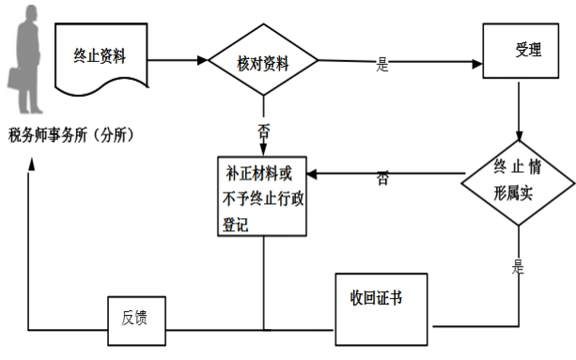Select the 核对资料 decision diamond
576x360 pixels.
(x=263, y=64)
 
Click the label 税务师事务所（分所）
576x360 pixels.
(x=71, y=135)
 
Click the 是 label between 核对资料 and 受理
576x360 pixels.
(x=382, y=65)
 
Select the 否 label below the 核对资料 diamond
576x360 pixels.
(x=264, y=132)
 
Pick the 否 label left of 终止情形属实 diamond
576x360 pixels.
(x=382, y=177)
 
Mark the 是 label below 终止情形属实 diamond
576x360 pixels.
(x=518, y=267)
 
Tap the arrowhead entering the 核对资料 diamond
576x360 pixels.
(x=203, y=62)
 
